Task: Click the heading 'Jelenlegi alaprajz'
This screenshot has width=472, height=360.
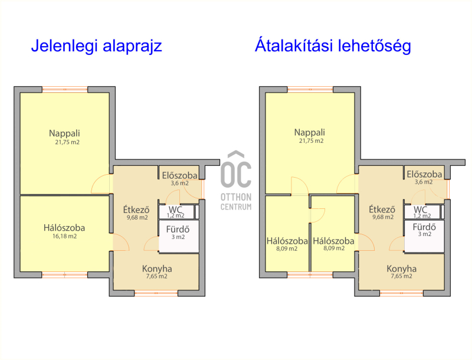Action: pos(97,47)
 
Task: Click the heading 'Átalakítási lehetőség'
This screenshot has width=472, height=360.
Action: pos(333,47)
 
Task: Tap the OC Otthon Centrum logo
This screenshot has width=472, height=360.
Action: pos(236,181)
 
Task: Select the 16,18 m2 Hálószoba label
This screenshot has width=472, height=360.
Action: pos(64,231)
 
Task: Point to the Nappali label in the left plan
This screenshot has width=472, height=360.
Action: pos(64,133)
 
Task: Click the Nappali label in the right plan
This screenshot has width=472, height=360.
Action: pos(310,132)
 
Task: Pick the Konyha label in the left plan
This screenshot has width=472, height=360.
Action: pos(157,269)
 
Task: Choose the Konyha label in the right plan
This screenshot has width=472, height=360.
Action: pos(402,269)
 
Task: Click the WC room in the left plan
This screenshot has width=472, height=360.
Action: pos(176,212)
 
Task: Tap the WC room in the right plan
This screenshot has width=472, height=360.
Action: pos(422,212)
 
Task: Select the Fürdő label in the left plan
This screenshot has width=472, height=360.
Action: pos(178,230)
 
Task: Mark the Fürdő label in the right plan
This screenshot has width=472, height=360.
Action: pos(424,227)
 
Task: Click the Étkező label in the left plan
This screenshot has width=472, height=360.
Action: pos(136,209)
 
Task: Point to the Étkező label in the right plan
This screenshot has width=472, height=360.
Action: pos(382,209)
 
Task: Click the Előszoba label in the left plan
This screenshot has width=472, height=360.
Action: pos(180,175)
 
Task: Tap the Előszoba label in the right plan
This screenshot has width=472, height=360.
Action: pos(424,174)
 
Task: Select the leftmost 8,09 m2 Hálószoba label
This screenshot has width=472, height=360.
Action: pos(287,241)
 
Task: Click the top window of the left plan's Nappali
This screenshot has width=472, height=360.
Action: pos(65,89)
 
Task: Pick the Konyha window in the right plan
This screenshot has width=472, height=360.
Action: pos(402,293)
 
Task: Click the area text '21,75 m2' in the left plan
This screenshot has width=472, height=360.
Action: pos(67,142)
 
